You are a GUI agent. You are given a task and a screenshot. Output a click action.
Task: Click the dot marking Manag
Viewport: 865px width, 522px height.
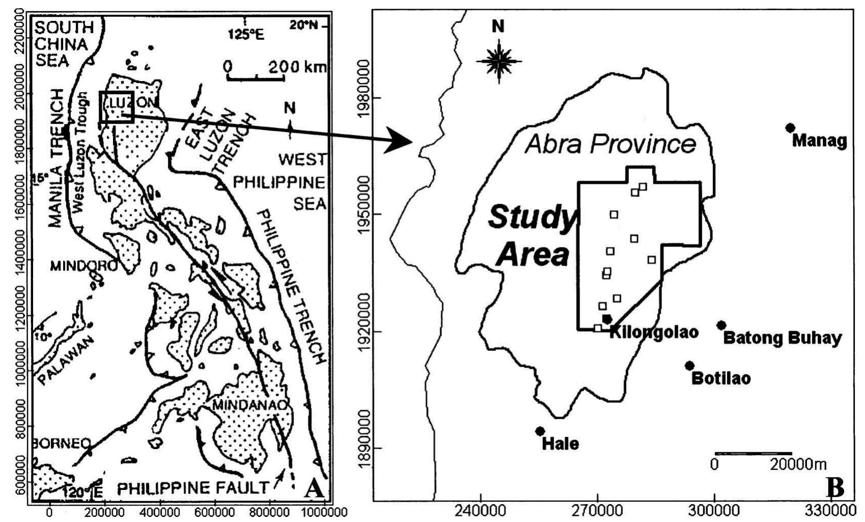[x=790, y=128]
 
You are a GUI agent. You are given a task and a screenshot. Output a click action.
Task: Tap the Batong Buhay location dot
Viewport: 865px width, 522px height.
[x=721, y=325]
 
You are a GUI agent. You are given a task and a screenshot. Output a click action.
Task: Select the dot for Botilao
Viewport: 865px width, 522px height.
[x=689, y=366]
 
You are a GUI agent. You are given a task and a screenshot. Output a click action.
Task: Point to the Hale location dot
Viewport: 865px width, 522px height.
[x=540, y=431]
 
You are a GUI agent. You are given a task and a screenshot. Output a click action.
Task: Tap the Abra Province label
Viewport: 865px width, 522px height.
[x=610, y=144]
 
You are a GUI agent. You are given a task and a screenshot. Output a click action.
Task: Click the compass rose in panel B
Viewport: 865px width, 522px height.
[x=499, y=62]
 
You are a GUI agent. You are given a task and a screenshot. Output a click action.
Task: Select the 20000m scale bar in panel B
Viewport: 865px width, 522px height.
[x=753, y=453]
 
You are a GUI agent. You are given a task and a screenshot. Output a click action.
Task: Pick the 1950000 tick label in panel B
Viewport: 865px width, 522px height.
[x=364, y=214]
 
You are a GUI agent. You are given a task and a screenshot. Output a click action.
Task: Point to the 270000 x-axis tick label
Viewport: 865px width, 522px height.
[x=598, y=510]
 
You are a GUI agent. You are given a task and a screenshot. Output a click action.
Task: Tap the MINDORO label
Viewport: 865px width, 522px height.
[x=83, y=266]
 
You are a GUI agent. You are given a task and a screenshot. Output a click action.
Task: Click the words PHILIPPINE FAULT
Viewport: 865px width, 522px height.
[x=193, y=488]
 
